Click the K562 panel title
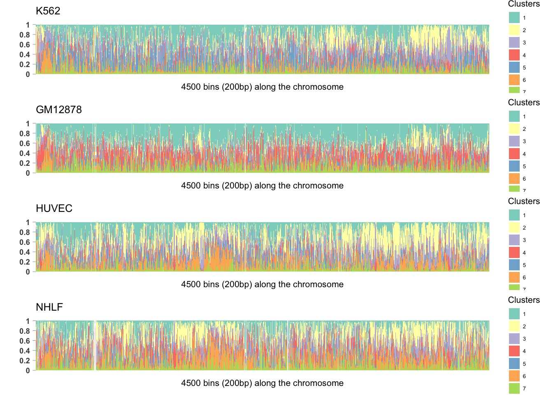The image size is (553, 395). pyautogui.click(x=48, y=11)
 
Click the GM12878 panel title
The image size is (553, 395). pyautogui.click(x=59, y=110)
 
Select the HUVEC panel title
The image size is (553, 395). pyautogui.click(x=54, y=209)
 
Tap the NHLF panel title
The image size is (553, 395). pyautogui.click(x=49, y=307)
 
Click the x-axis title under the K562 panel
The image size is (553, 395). pyautogui.click(x=262, y=87)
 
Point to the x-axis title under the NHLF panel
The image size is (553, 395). pyautogui.click(x=262, y=383)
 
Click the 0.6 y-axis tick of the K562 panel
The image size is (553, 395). pyautogui.click(x=25, y=45)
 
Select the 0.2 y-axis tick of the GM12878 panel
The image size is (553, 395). pyautogui.click(x=25, y=163)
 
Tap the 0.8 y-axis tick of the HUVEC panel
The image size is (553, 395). pyautogui.click(x=25, y=232)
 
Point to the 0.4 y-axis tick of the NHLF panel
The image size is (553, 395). pyautogui.click(x=25, y=351)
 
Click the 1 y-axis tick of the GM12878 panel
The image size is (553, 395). pyautogui.click(x=28, y=124)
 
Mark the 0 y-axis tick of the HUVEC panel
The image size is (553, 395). pyautogui.click(x=28, y=272)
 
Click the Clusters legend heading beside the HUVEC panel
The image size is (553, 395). pyautogui.click(x=524, y=201)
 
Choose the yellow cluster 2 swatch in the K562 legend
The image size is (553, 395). pyautogui.click(x=514, y=30)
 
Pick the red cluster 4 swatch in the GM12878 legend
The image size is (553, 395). pyautogui.click(x=514, y=154)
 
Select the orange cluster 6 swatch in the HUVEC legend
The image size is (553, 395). pyautogui.click(x=514, y=277)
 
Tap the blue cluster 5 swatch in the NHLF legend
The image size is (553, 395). pyautogui.click(x=514, y=364)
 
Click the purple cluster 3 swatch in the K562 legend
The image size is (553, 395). pyautogui.click(x=514, y=42)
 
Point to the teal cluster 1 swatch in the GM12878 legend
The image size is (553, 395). pyautogui.click(x=514, y=116)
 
